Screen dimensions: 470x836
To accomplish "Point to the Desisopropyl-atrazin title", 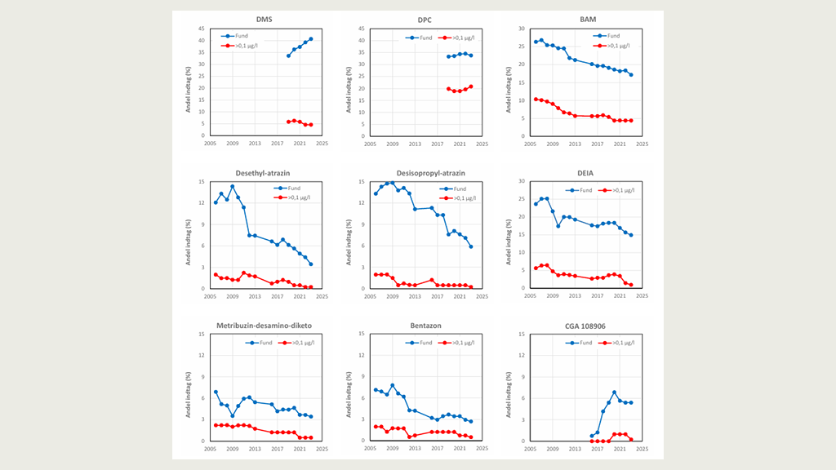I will pyautogui.click(x=425, y=172).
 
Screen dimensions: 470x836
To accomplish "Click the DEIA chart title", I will pyautogui.click(x=585, y=172).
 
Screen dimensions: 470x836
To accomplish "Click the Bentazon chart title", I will pyautogui.click(x=425, y=326).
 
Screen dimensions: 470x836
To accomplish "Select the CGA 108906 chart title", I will pyautogui.click(x=585, y=326).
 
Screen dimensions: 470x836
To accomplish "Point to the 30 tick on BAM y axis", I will pyautogui.click(x=520, y=29).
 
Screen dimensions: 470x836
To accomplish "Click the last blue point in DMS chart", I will pyautogui.click(x=311, y=39).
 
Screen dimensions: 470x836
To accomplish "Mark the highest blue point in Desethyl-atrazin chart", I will pyautogui.click(x=233, y=186).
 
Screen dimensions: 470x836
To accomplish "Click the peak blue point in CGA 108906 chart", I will pyautogui.click(x=614, y=392).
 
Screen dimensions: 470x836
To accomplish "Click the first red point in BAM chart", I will pyautogui.click(x=536, y=99).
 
